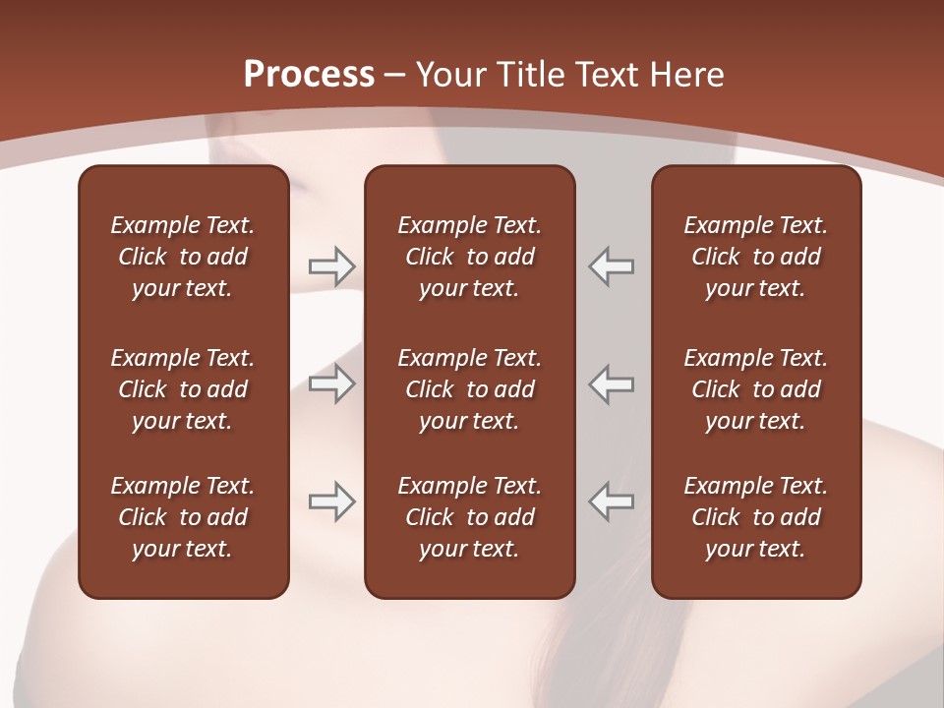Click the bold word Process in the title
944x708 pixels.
coord(309,75)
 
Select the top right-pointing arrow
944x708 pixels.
coord(331,265)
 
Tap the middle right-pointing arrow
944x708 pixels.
coord(331,383)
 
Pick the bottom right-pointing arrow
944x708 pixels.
coord(331,501)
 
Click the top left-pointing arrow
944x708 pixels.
coord(611,265)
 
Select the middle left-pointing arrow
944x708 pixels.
coord(611,383)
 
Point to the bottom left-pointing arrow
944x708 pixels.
coord(611,501)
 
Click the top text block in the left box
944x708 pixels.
coord(183,257)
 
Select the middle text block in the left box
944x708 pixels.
coord(183,389)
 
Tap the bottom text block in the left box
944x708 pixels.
coord(183,517)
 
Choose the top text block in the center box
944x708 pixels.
coord(469,257)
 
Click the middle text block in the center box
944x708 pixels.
coord(469,389)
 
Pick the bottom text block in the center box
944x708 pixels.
coord(469,517)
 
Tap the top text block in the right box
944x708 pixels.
coord(755,257)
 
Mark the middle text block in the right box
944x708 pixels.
coord(755,389)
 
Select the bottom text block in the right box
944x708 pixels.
coord(755,517)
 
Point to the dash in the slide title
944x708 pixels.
coord(394,75)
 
